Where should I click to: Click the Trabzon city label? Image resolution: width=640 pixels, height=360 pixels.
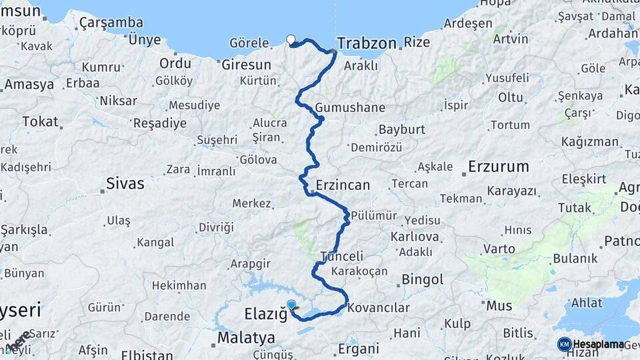367,43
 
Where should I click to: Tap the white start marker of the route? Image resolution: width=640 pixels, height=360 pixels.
291,39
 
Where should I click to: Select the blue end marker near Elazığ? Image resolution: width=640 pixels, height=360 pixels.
291,305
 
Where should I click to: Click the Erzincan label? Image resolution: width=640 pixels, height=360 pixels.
343,185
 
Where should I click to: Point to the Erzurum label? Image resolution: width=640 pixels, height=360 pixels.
498,167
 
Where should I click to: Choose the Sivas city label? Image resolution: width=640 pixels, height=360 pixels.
125,183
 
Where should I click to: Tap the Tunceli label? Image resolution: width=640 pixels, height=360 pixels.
342,256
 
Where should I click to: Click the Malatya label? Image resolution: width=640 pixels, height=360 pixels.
247,338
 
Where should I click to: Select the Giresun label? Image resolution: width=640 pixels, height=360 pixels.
247,65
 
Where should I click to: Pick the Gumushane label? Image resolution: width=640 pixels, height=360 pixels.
351,107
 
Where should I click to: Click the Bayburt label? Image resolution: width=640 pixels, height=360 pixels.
401,129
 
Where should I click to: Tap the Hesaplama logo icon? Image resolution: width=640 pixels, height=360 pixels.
565,344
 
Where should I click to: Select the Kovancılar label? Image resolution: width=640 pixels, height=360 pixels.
379,308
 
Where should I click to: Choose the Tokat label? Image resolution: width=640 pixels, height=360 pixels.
40,121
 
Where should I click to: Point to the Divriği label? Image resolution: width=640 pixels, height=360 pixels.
216,227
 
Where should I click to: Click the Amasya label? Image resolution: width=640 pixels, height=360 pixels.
29,85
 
